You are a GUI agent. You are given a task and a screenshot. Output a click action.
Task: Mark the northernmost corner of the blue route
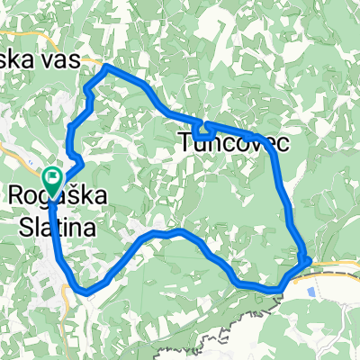(107, 67)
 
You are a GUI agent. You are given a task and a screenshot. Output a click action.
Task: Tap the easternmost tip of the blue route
(310, 260)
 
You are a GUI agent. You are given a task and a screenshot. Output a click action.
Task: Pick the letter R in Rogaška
(16, 195)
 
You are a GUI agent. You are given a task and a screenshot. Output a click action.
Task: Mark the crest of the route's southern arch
(171, 231)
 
